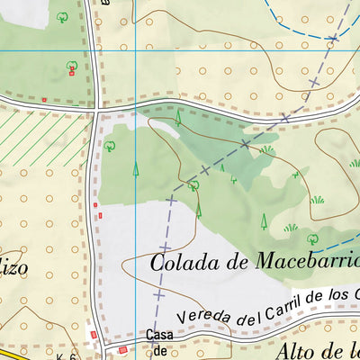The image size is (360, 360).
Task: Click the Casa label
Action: point(155,336)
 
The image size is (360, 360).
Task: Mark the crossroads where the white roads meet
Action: point(95,111)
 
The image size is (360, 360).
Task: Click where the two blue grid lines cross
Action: point(135,50)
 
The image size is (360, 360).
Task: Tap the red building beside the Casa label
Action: point(123,349)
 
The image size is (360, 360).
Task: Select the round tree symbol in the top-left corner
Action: point(62,16)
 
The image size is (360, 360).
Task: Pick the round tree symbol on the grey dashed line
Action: point(193,185)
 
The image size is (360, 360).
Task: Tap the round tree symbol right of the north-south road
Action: point(111,144)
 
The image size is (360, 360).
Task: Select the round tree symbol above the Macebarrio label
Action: point(312,238)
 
